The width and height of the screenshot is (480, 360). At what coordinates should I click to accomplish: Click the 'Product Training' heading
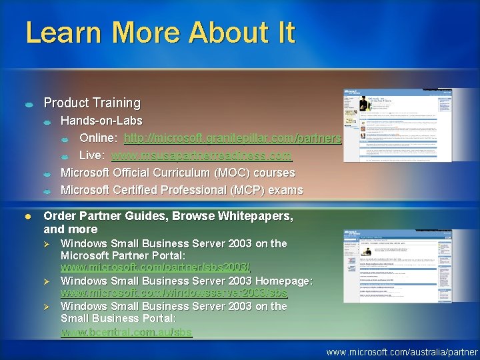[92, 103]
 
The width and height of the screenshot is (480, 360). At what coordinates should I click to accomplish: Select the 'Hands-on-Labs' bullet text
[101, 121]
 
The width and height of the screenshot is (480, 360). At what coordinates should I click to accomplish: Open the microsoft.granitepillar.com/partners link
[233, 138]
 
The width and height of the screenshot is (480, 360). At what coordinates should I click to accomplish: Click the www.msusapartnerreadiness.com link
[201, 156]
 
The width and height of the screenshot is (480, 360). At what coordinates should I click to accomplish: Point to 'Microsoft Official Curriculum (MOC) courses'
[177, 173]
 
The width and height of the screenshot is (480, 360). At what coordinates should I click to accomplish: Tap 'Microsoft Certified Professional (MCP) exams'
[181, 190]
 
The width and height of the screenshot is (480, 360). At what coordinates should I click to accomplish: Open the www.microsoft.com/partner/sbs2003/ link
[155, 267]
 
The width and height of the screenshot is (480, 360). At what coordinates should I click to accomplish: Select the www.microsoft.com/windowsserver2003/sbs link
[174, 293]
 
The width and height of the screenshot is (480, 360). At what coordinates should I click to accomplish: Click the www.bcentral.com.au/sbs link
[126, 331]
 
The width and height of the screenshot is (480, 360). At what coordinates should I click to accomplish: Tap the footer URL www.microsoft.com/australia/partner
[402, 351]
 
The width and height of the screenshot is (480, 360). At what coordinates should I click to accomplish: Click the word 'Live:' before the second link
[93, 156]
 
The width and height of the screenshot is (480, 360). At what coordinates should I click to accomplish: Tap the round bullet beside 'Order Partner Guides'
[29, 217]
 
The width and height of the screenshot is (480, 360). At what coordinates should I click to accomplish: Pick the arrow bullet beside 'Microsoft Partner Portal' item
[47, 244]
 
